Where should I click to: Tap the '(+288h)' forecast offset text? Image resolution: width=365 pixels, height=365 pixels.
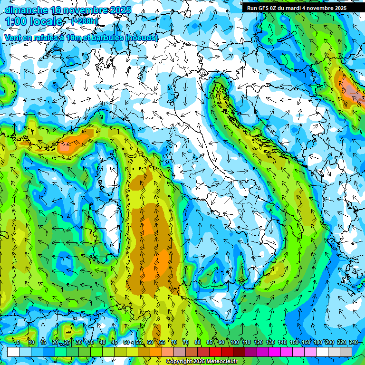[x=85, y=21]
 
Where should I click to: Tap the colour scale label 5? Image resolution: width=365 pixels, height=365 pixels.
[x=18, y=342]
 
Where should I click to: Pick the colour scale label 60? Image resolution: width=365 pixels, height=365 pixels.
[x=150, y=342]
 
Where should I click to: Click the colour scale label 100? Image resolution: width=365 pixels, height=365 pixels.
[x=235, y=342]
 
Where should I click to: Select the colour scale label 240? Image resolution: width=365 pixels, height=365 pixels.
[x=353, y=342]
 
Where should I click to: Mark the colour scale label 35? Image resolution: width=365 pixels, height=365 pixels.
[x=91, y=342]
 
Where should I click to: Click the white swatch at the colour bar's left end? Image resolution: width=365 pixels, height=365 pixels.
[x=13, y=352]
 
